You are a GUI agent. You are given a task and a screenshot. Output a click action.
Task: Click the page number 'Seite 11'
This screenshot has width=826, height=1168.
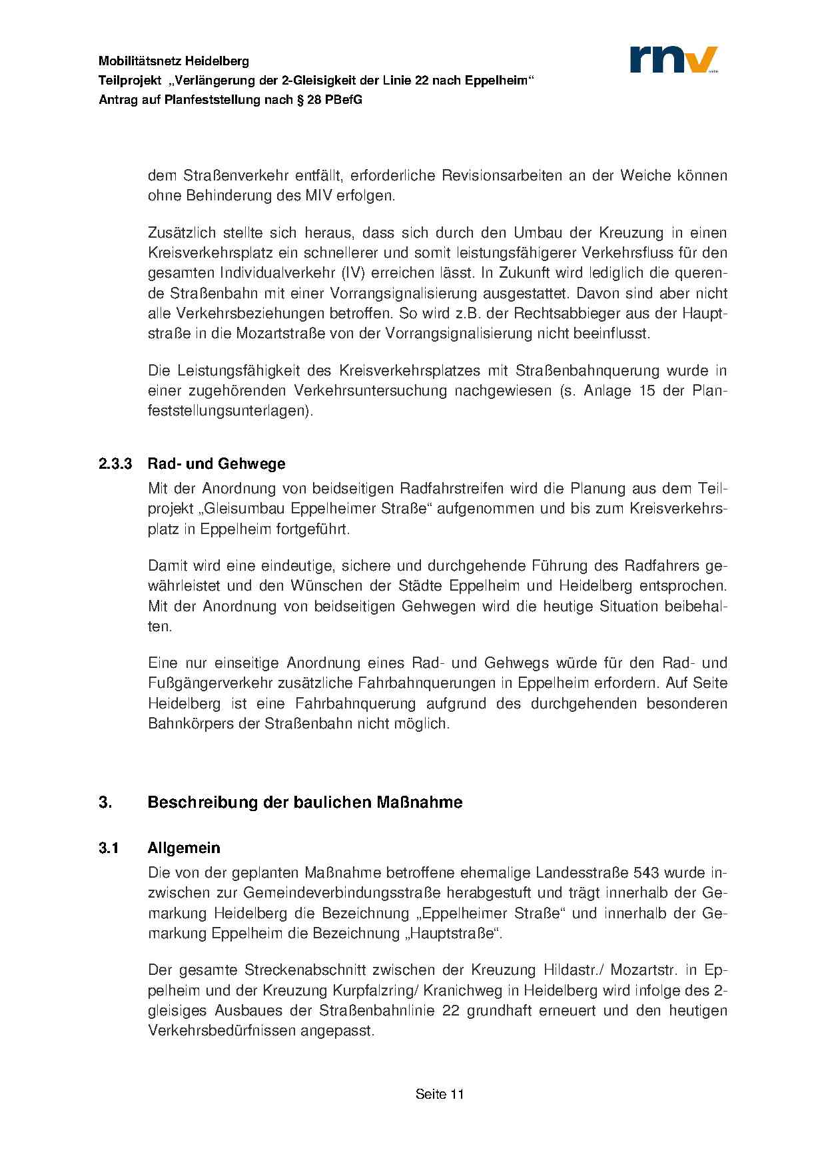(439, 1094)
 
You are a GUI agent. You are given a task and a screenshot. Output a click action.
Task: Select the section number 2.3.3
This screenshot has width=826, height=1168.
(116, 463)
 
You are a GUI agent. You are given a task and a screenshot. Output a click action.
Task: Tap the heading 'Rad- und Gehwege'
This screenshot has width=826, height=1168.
(216, 463)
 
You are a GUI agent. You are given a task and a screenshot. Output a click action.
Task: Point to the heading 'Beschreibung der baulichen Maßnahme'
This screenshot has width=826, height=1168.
(305, 802)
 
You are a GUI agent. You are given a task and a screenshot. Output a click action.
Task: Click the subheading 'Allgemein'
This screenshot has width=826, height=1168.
(184, 848)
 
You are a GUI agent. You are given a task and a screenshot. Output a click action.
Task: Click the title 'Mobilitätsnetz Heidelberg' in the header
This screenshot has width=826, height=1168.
(174, 61)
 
